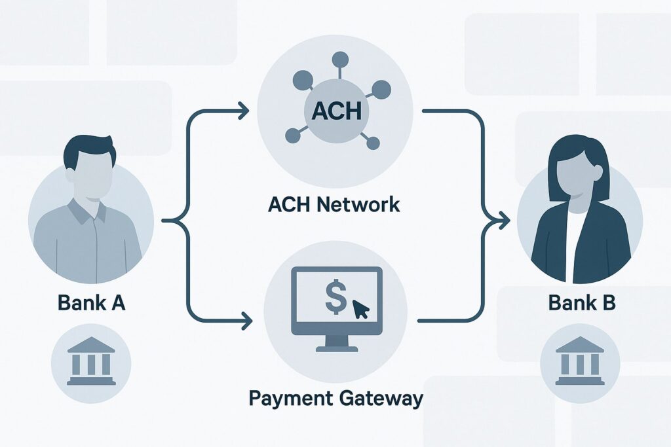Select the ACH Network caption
click(334, 205)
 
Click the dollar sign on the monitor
click(334, 298)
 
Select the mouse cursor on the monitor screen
click(360, 308)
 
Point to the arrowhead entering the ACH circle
click(244, 111)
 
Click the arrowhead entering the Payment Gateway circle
click(247, 321)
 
